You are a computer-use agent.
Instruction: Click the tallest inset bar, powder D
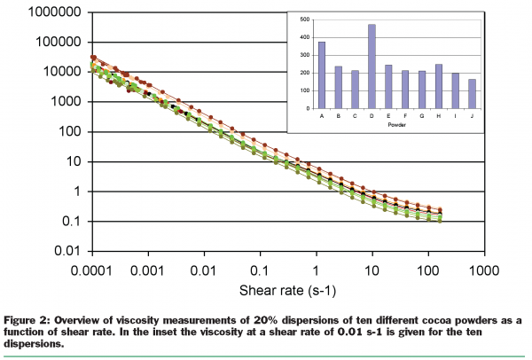tap(372, 67)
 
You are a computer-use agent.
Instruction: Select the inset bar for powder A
tap(322, 75)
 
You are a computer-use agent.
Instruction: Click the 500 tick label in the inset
tap(305, 19)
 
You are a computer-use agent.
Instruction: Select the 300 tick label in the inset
tap(305, 55)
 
